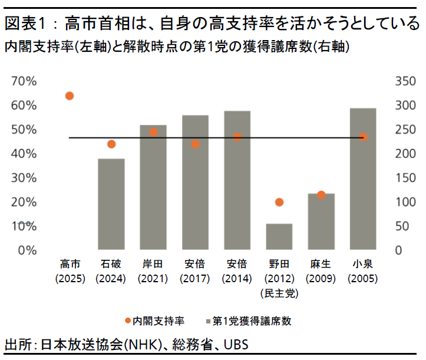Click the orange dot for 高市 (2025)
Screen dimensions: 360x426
[x=70, y=95]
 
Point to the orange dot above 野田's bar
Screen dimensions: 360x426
[x=279, y=202]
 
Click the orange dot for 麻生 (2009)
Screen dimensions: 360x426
[x=321, y=195]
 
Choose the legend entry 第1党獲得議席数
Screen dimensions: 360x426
[x=253, y=321]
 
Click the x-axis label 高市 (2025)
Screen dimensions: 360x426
[x=70, y=270]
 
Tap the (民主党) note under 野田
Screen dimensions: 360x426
[x=279, y=292]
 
